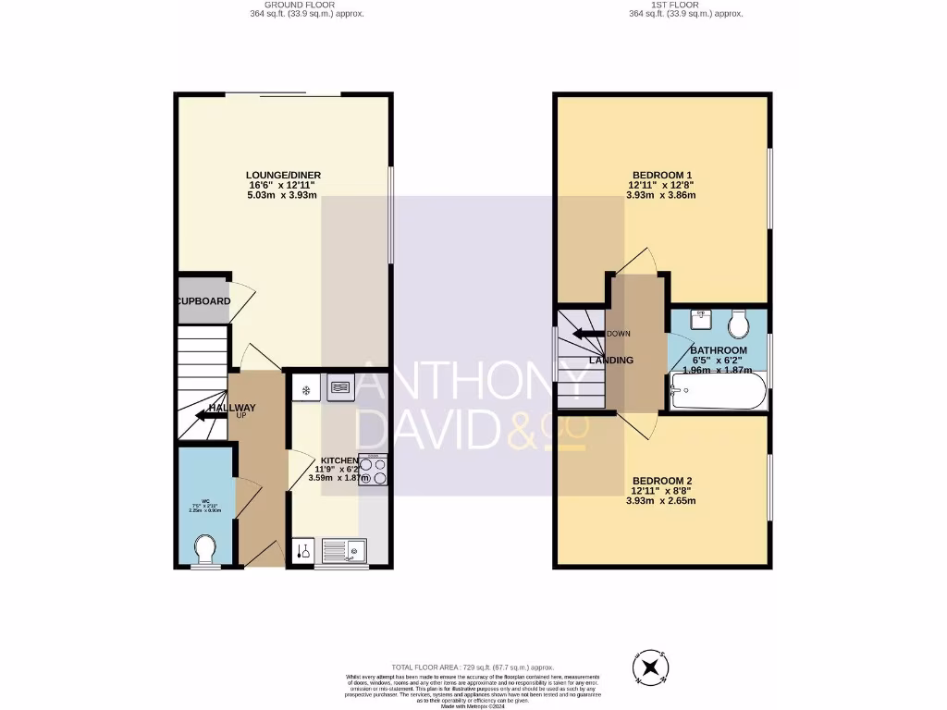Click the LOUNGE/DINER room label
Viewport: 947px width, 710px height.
click(x=283, y=175)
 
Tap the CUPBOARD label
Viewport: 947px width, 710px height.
click(x=204, y=301)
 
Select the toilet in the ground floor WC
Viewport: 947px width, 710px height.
click(x=205, y=550)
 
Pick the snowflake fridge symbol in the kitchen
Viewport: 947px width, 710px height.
click(x=304, y=389)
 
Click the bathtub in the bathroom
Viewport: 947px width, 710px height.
click(x=718, y=394)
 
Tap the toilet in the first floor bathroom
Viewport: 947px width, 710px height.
click(x=738, y=324)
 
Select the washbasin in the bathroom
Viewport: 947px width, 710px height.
click(x=700, y=321)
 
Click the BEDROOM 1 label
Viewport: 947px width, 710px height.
click(x=662, y=175)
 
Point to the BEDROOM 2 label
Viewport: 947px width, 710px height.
click(x=662, y=481)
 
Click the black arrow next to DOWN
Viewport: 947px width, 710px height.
click(x=587, y=334)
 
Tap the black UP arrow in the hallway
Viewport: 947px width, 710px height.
click(x=212, y=415)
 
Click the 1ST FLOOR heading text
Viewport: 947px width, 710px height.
click(x=685, y=5)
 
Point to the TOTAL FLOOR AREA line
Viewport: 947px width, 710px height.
click(x=473, y=667)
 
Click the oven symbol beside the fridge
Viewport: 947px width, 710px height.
click(x=339, y=388)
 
